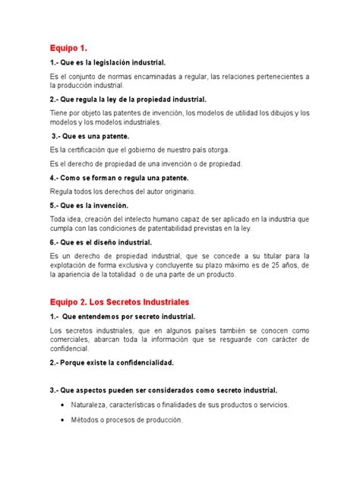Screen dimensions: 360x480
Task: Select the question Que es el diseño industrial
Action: pyautogui.click(x=105, y=242)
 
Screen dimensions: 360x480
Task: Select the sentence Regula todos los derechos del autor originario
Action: pyautogui.click(x=122, y=191)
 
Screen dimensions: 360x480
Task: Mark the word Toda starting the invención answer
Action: pyautogui.click(x=58, y=218)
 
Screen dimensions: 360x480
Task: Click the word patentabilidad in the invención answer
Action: pyautogui.click(x=173, y=229)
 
